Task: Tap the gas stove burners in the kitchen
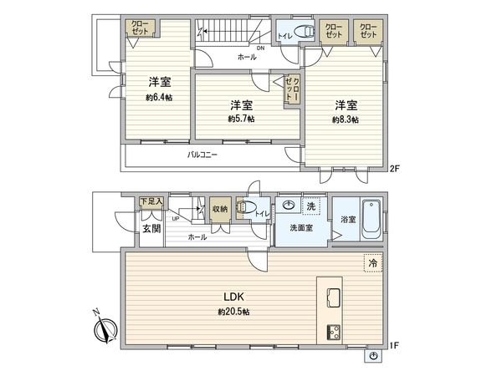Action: point(332,331)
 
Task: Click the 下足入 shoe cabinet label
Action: point(151,201)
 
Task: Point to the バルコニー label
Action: point(202,155)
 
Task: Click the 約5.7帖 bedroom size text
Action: point(241,119)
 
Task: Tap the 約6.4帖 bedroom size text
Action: point(160,97)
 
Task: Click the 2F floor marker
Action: point(397,169)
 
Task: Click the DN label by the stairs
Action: point(261,48)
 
